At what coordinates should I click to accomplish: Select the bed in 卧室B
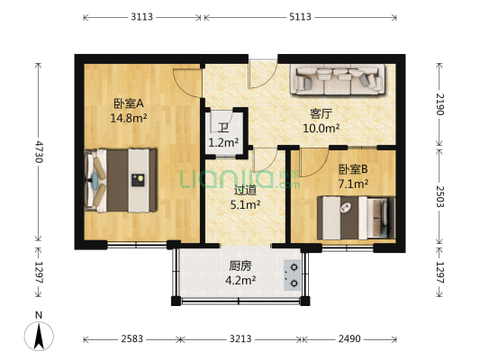pos(356,216)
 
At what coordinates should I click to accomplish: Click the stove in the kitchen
pos(292,274)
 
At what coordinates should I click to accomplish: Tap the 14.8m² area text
pos(129,117)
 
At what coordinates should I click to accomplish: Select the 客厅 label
pos(321,114)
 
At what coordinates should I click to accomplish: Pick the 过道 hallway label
pos(245,190)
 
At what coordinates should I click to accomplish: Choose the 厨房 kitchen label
pos(240,265)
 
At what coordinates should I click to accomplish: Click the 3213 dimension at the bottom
pos(239,338)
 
